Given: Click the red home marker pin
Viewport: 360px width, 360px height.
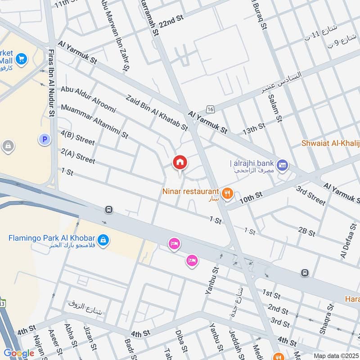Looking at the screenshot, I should [180, 162].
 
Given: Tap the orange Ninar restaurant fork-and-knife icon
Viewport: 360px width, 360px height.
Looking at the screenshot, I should [228, 193].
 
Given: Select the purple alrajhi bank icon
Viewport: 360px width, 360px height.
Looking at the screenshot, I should [283, 166].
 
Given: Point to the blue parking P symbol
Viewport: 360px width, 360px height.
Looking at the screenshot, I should [44, 140].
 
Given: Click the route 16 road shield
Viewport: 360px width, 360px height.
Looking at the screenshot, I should [210, 109].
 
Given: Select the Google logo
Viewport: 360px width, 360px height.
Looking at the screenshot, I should [19, 353].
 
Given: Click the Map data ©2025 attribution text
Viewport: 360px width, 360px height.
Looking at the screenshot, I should [335, 356].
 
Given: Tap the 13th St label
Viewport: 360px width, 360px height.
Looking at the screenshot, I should [254, 129].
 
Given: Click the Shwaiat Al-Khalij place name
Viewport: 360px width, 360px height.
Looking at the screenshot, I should [331, 143].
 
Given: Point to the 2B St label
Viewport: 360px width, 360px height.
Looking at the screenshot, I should [306, 232].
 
